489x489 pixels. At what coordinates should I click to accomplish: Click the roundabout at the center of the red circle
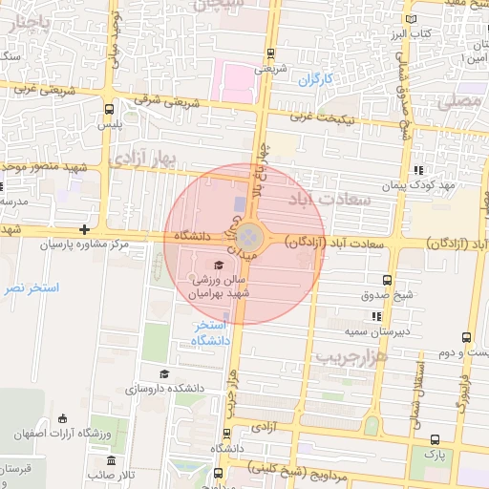247,235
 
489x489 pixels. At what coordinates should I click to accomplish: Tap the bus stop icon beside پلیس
109,109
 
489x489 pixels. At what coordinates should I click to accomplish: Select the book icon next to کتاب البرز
411,18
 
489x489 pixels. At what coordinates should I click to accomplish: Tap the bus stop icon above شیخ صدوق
387,280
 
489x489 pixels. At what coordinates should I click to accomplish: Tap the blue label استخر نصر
31,287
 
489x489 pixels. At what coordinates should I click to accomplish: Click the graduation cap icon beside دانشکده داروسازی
164,373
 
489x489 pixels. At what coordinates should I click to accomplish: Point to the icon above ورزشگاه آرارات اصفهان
63,417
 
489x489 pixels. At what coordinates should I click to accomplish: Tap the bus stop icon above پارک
436,439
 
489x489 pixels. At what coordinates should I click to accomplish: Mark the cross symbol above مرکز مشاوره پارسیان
85,229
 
